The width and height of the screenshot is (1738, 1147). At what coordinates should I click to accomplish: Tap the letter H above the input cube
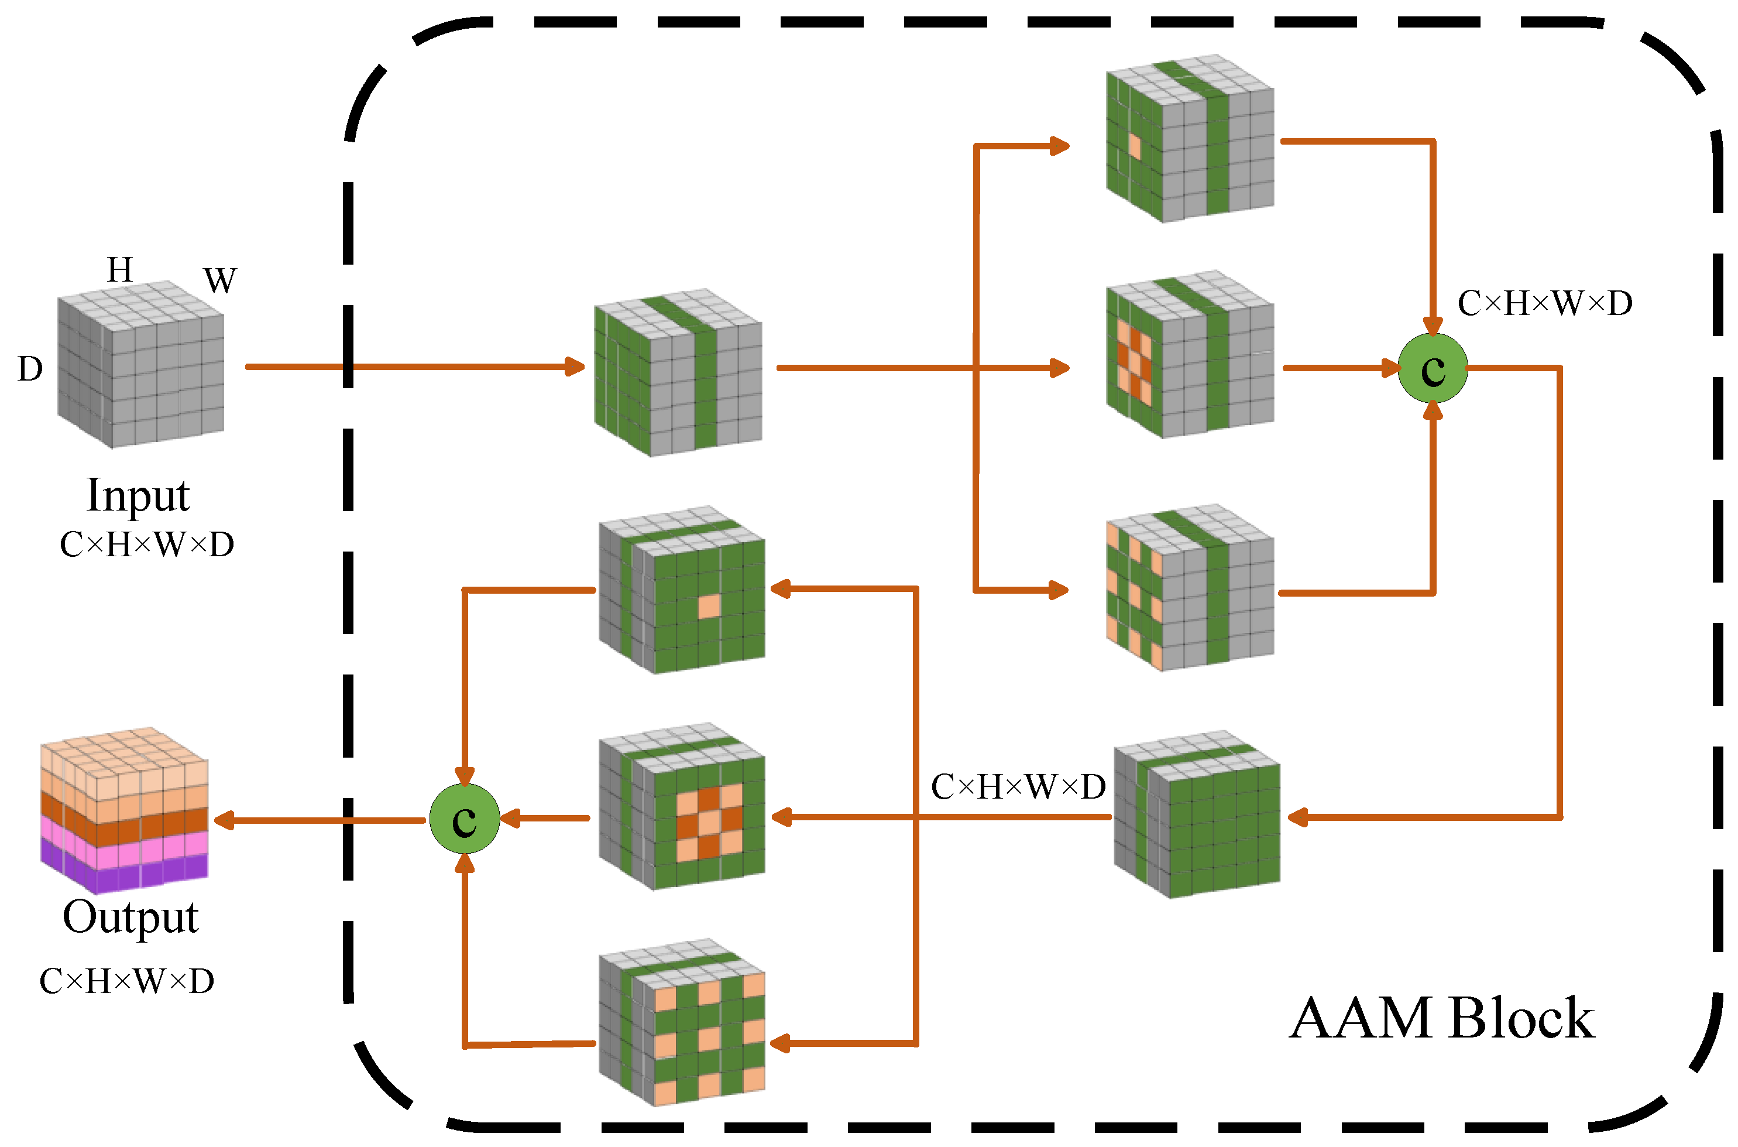coord(120,270)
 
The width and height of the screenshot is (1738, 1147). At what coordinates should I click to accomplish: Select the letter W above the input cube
coord(220,281)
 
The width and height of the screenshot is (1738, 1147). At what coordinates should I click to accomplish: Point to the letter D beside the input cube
coord(30,369)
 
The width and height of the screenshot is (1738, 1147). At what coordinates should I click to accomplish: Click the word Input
coord(138,496)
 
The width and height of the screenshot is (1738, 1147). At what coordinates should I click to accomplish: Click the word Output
coord(130,917)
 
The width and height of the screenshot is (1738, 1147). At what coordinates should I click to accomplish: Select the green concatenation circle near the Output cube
coord(464,819)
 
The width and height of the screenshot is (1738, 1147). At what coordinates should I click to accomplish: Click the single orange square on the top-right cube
coord(1134,146)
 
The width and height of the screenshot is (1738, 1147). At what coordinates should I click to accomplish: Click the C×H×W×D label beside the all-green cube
coord(1018,787)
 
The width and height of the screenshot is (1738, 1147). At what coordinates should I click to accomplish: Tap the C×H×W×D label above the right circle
coord(1544,303)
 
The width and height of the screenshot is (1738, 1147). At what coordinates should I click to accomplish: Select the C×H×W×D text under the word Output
coord(126,981)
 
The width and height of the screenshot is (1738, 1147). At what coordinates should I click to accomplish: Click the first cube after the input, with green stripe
coord(678,373)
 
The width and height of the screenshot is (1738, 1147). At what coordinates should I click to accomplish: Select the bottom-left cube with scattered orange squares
coord(682,1023)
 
